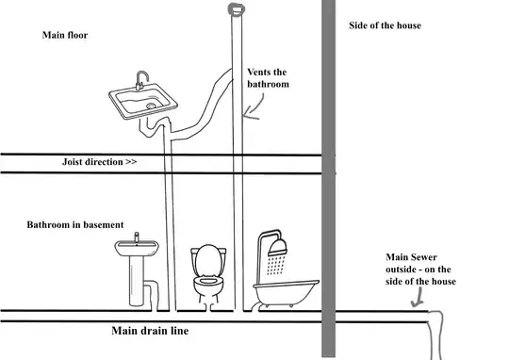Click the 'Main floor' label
pos(65,35)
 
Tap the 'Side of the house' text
pos(385,25)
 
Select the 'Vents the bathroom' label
pos(268,78)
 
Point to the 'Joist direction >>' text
pos(99,162)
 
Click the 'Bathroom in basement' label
pos(75,224)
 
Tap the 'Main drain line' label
pos(150,331)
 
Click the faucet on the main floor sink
pos(141,80)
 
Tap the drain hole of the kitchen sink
pos(151,106)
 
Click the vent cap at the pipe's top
pos(237,8)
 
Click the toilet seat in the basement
pos(208,280)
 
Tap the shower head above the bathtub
pos(277,247)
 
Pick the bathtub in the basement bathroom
pos(286,293)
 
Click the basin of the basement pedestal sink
pos(137,249)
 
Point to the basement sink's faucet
pos(137,237)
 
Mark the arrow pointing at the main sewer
pos(419,298)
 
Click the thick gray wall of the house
pos(328,178)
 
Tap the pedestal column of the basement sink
pos(137,281)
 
